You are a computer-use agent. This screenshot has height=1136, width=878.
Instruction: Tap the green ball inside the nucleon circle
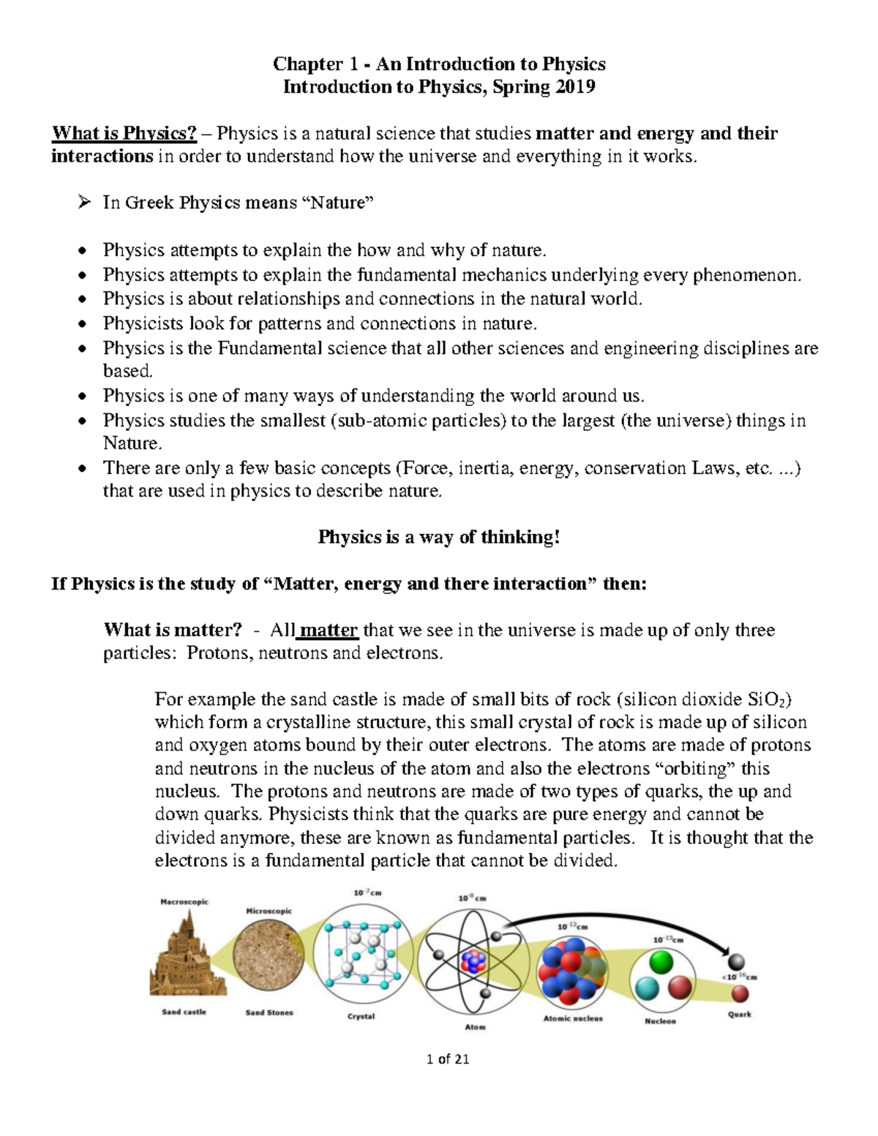pyautogui.click(x=661, y=962)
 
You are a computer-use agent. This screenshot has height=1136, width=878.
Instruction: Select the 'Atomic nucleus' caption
pyautogui.click(x=573, y=1018)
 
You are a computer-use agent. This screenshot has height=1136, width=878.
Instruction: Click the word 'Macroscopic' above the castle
pyautogui.click(x=184, y=902)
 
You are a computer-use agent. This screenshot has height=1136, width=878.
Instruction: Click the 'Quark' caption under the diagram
pyautogui.click(x=739, y=1015)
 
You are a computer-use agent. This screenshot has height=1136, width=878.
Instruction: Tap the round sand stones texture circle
pyautogui.click(x=269, y=959)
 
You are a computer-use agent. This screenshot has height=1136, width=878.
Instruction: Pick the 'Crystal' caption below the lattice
pyautogui.click(x=361, y=1017)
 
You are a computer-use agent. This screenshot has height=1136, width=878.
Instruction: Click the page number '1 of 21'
pyautogui.click(x=446, y=1058)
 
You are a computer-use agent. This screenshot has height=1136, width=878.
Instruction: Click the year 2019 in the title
pyautogui.click(x=575, y=87)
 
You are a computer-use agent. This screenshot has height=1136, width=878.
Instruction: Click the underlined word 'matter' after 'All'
pyautogui.click(x=329, y=630)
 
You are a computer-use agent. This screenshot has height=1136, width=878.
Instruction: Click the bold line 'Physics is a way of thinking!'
pyautogui.click(x=439, y=537)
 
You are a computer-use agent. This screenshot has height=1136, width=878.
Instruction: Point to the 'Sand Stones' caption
pyautogui.click(x=269, y=1012)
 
